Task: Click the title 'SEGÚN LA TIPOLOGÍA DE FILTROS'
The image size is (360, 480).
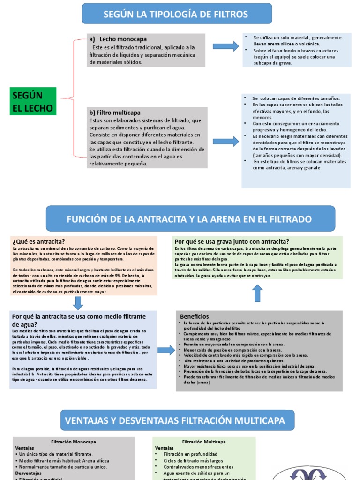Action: (176, 14)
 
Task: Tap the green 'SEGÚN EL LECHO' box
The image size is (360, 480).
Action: (33, 102)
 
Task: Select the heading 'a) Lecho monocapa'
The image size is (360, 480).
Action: (111, 39)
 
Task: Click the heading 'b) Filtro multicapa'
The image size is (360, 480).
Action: (115, 113)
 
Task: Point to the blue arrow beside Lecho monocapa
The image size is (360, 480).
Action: (225, 46)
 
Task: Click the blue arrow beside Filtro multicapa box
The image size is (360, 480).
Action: (225, 142)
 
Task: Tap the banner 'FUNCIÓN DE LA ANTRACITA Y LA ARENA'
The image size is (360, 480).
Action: (189, 219)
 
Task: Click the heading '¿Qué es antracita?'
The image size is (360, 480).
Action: (38, 241)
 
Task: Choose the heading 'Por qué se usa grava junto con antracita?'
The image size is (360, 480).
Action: (232, 241)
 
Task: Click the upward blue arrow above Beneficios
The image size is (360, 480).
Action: (257, 293)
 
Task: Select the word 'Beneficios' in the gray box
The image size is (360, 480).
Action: (195, 316)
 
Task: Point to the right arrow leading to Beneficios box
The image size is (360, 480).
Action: (165, 350)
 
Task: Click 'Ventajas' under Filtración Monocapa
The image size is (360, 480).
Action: (25, 448)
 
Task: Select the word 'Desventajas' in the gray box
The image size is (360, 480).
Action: (28, 473)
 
